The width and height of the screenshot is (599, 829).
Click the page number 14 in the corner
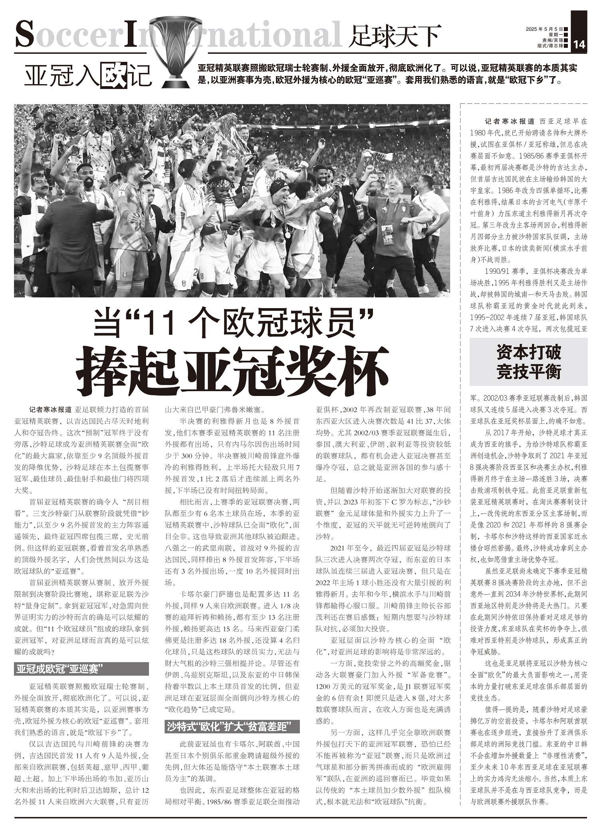point(579,45)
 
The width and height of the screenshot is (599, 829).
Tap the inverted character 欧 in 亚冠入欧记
point(115,75)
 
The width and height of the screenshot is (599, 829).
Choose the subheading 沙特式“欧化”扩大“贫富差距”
point(232,727)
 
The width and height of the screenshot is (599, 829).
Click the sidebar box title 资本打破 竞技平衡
point(528,362)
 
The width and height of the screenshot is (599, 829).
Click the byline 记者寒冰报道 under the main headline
point(51,410)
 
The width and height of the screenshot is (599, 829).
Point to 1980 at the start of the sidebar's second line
point(479,132)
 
